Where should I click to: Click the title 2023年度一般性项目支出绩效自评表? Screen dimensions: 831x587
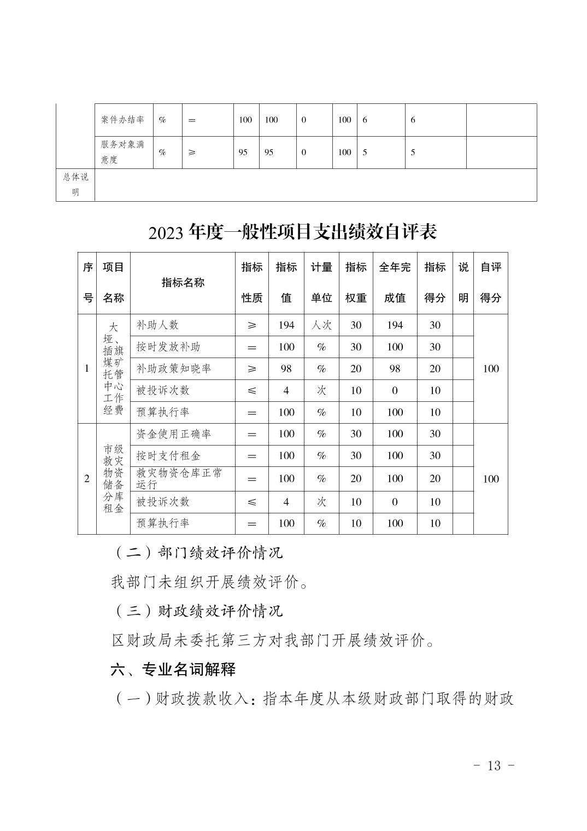[292, 232]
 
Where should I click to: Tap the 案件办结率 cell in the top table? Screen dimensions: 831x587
[122, 120]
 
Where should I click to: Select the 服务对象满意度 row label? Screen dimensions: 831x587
[122, 152]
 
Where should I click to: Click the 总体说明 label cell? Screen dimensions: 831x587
[75, 184]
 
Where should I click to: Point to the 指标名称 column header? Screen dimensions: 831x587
[183, 282]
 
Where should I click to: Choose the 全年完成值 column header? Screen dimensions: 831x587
[395, 282]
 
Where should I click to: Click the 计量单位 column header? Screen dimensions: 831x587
[321, 282]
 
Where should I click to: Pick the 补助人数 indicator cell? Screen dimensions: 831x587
[157, 325]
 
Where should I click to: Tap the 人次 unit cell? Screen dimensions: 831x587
[321, 325]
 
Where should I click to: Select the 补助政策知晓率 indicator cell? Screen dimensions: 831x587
[173, 368]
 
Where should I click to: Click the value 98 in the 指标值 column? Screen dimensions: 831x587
[286, 368]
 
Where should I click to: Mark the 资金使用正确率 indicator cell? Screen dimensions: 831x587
[173, 434]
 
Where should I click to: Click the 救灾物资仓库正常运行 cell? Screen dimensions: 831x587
[179, 478]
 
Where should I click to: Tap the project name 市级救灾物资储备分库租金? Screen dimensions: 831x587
[113, 478]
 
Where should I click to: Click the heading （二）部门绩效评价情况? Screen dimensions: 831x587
[198, 553]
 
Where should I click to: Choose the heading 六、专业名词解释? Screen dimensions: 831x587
[173, 669]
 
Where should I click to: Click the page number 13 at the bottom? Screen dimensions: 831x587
[493, 765]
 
